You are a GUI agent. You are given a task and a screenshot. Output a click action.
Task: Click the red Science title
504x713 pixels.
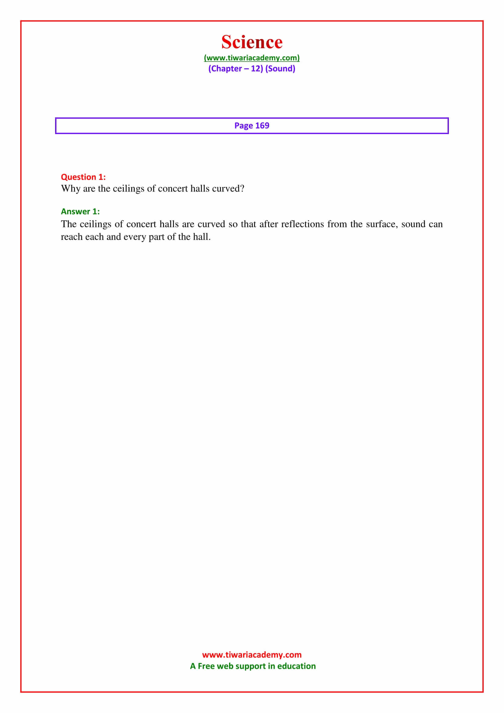pyautogui.click(x=252, y=42)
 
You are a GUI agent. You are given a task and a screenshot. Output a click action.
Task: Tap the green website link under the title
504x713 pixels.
pyautogui.click(x=252, y=58)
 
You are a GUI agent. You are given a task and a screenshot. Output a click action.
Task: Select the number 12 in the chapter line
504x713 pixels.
pyautogui.click(x=256, y=69)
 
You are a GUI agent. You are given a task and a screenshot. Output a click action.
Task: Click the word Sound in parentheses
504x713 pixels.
pyautogui.click(x=280, y=69)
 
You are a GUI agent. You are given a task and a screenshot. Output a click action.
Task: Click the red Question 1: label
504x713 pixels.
pyautogui.click(x=83, y=177)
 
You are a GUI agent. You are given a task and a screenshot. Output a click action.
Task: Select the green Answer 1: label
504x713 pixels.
pyautogui.click(x=80, y=212)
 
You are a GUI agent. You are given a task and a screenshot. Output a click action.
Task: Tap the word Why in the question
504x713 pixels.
pyautogui.click(x=70, y=189)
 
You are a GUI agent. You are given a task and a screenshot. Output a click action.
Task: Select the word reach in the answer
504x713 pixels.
pyautogui.click(x=72, y=237)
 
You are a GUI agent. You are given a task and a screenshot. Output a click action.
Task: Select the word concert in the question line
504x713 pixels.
pyautogui.click(x=173, y=188)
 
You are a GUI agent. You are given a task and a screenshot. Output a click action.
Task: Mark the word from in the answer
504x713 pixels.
pyautogui.click(x=337, y=224)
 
